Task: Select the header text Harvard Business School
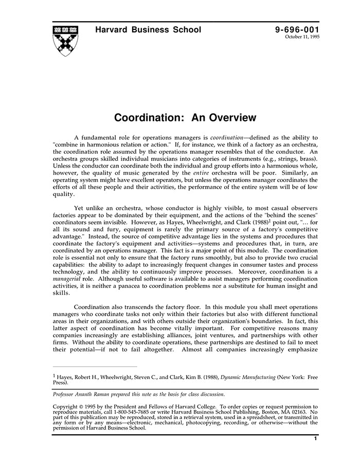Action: pyautogui.click(x=148, y=30)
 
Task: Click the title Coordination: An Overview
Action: pyautogui.click(x=185, y=118)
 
